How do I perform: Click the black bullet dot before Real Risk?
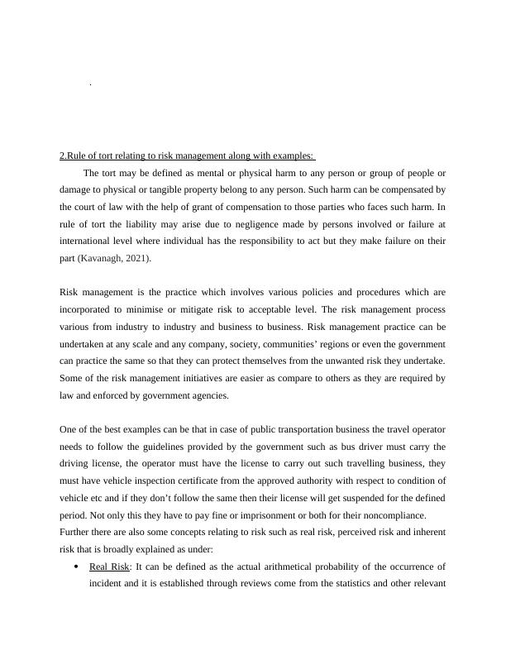76,567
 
